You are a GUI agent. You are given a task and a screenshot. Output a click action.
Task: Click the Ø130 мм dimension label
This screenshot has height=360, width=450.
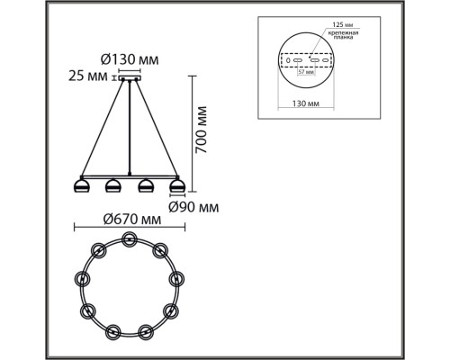(x=130, y=58)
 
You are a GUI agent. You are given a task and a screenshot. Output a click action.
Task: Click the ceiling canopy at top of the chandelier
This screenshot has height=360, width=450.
(x=131, y=78)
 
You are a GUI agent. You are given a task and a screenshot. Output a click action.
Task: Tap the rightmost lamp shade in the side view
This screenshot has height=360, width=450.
(x=176, y=186)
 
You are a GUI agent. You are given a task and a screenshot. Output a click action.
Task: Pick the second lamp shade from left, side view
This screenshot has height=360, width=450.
(x=113, y=186)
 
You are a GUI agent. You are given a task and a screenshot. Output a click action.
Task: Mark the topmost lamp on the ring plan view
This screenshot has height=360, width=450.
(x=130, y=239)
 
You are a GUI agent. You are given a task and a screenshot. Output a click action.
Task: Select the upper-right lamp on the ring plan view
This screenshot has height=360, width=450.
(x=160, y=249)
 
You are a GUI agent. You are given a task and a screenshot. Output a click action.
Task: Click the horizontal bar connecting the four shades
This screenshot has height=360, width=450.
(x=130, y=176)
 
